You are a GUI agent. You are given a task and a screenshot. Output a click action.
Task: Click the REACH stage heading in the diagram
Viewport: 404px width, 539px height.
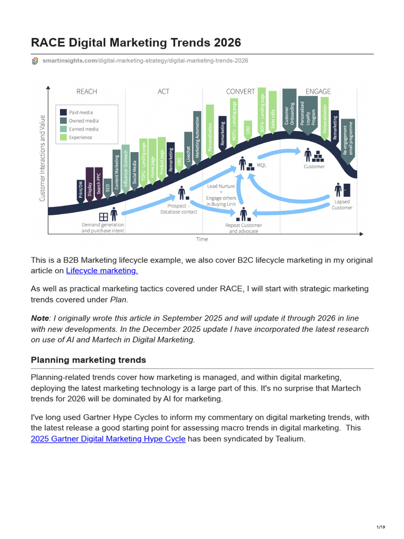click(87, 92)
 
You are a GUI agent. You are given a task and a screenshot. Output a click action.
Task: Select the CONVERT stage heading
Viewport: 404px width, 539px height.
click(240, 92)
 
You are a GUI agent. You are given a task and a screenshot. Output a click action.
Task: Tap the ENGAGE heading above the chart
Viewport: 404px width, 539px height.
click(318, 92)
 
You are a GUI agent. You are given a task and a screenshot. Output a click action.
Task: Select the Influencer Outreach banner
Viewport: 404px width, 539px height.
click(126, 165)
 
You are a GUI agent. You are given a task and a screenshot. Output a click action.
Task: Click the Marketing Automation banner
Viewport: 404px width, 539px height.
click(197, 136)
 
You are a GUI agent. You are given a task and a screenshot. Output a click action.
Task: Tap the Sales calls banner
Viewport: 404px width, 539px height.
click(272, 114)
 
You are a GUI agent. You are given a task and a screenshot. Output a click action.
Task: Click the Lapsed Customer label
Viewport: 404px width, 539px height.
click(341, 205)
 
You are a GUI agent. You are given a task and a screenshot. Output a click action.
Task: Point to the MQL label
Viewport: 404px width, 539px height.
click(261, 165)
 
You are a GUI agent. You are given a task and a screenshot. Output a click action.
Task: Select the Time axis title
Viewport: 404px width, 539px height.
click(202, 239)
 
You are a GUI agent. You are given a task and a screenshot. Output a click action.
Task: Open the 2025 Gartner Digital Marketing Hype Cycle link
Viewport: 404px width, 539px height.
click(108, 438)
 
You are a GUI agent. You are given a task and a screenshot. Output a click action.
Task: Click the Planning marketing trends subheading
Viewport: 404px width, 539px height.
click(88, 360)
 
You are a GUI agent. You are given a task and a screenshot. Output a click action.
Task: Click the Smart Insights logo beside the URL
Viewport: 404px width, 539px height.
click(35, 61)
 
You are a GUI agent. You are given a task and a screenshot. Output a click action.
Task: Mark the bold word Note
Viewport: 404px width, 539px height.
click(40, 318)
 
